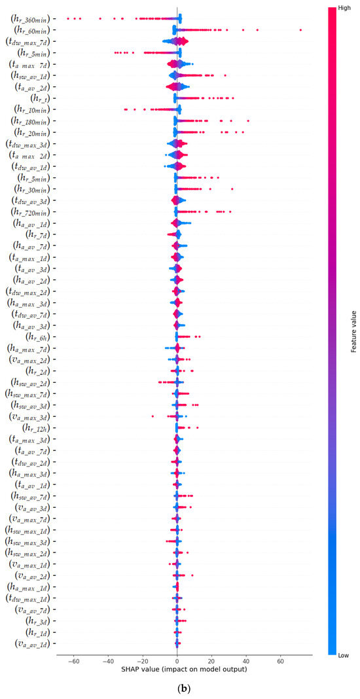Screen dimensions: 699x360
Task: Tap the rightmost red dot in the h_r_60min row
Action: click(300, 30)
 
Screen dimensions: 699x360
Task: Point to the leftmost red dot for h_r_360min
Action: click(68, 18)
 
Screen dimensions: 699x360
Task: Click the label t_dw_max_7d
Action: click(30, 42)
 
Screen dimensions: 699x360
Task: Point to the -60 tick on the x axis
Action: click(73, 660)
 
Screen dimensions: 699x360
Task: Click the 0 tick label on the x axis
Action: click(177, 660)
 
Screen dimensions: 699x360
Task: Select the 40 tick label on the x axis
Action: click(246, 660)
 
